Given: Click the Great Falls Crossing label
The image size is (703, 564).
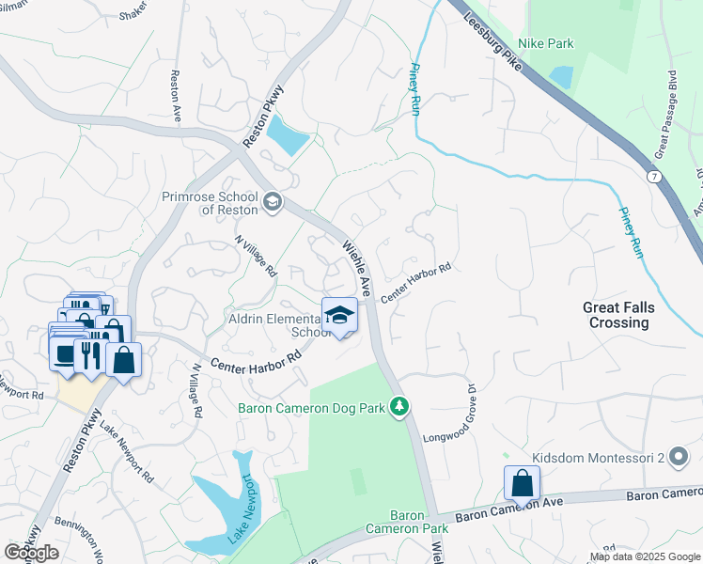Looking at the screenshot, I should point(617,315).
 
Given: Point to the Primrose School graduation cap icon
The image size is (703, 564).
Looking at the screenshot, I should point(272,200).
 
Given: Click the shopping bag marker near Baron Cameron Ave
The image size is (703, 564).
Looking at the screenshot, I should point(522,484).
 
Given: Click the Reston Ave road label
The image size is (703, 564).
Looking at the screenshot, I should point(176,94).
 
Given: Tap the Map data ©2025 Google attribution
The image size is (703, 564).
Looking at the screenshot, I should point(645,556).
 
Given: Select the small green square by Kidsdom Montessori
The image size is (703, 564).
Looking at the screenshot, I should point(508,458).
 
